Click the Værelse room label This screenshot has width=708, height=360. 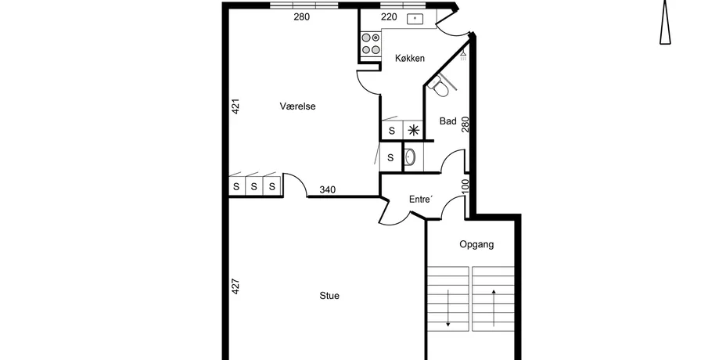click(x=297, y=106)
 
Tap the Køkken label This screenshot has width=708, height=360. click(x=409, y=58)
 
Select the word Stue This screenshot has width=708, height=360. click(x=329, y=296)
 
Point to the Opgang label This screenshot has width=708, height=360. click(x=476, y=244)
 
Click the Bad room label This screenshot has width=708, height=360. click(x=448, y=121)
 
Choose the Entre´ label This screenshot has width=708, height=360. click(x=420, y=200)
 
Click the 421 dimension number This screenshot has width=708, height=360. click(x=235, y=106)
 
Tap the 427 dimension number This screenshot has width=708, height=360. click(x=235, y=286)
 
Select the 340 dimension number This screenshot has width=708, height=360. click(x=327, y=189)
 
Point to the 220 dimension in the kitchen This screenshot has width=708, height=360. click(x=389, y=17)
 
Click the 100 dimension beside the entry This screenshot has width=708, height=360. click(x=465, y=186)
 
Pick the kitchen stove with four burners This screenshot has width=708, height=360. click(x=370, y=44)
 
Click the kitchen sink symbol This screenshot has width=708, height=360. click(x=415, y=19)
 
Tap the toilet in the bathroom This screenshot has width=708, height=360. click(x=439, y=86)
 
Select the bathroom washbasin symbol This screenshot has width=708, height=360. click(x=409, y=157)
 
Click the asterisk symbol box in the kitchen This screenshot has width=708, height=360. click(x=413, y=131)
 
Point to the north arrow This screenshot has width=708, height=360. click(x=665, y=22)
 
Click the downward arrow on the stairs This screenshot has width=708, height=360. click(x=448, y=308)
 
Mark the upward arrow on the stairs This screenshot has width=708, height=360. click(x=494, y=308)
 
